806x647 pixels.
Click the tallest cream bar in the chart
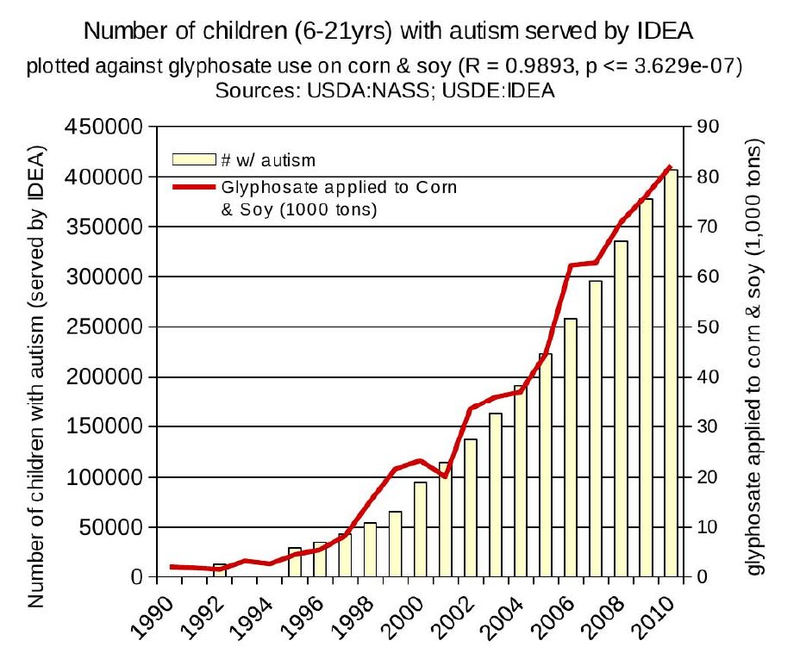[x=672, y=373]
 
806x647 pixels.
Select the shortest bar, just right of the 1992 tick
[x=220, y=570]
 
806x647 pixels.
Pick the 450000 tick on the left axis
[x=103, y=127]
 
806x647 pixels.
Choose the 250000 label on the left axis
[x=103, y=327]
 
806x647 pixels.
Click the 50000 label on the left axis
[x=110, y=527]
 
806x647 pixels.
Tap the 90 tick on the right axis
[x=708, y=127]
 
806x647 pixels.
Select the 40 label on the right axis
[x=708, y=377]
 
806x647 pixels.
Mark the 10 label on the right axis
[x=708, y=527]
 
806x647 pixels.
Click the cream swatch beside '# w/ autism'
[x=194, y=159]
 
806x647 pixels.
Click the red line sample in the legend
[x=194, y=187]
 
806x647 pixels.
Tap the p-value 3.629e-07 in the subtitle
[x=683, y=65]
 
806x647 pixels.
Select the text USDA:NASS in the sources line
[x=367, y=91]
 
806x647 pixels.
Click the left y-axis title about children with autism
[x=35, y=376]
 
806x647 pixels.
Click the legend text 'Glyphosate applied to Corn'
[x=340, y=188]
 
